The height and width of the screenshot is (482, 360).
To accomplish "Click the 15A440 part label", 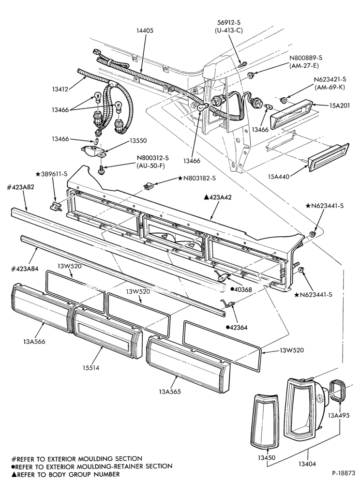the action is [x=279, y=177].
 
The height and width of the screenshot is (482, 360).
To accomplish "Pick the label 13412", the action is [x=60, y=90].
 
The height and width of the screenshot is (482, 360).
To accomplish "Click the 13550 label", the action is [x=138, y=141].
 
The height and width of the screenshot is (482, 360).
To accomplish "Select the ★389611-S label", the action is [x=51, y=174].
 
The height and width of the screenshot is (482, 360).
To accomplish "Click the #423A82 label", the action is [x=21, y=187].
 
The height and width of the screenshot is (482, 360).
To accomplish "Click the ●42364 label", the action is [x=238, y=327].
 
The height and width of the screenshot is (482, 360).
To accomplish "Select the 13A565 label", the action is [x=170, y=392].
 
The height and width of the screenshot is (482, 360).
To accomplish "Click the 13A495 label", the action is [x=339, y=416].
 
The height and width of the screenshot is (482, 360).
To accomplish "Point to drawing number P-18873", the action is [x=343, y=472].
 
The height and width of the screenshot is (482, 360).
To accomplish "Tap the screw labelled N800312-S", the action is [x=102, y=169].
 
